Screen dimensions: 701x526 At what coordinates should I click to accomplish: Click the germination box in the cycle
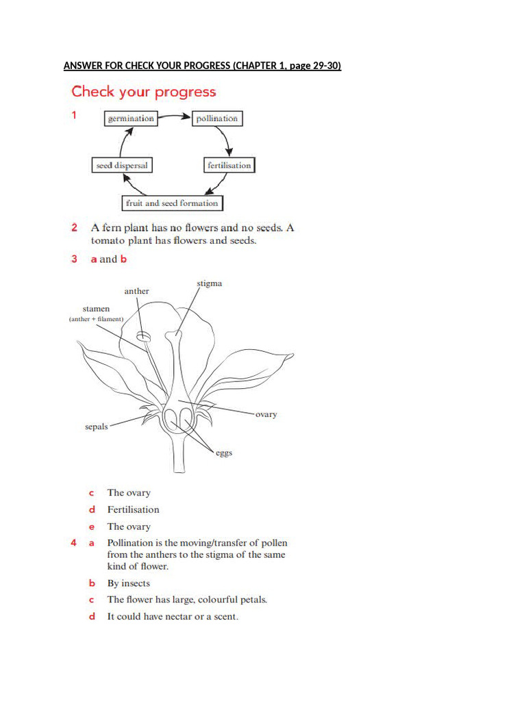[x=130, y=118]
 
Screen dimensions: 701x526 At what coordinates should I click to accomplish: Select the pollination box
[x=216, y=118]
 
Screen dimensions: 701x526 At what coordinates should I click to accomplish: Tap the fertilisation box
[x=229, y=165]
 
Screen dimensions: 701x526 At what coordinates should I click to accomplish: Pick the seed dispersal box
[x=122, y=165]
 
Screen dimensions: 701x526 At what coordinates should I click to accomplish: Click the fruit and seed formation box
[x=172, y=203]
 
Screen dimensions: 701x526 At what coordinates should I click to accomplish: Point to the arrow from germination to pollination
[x=174, y=118]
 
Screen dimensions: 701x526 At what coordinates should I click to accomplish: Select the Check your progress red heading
[x=144, y=92]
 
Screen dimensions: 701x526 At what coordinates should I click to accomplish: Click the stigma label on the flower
[x=210, y=283]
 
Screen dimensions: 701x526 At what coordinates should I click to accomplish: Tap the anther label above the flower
[x=136, y=291]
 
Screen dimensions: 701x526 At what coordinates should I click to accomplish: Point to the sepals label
[x=96, y=427]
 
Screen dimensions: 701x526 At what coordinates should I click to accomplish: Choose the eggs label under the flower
[x=224, y=453]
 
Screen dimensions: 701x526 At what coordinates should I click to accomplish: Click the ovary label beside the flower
[x=266, y=414]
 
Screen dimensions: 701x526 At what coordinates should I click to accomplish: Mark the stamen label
[x=96, y=309]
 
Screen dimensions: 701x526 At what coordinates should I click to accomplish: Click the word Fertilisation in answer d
[x=133, y=509]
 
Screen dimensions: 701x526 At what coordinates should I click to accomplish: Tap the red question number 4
[x=73, y=543]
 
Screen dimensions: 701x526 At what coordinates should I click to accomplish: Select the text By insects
[x=129, y=583]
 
